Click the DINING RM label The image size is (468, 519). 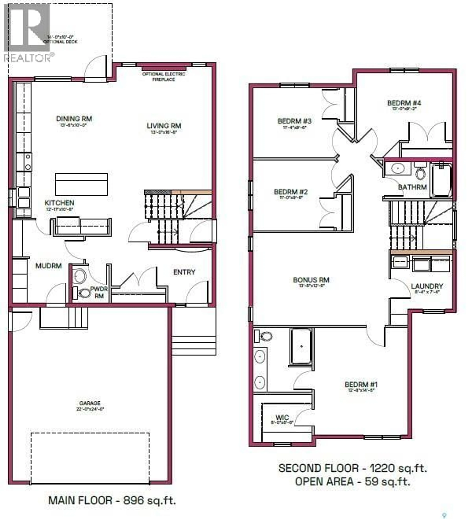click(x=74, y=119)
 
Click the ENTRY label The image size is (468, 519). click(x=184, y=272)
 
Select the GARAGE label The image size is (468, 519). click(x=90, y=403)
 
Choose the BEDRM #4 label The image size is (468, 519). click(x=404, y=103)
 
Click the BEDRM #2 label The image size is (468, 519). click(x=291, y=192)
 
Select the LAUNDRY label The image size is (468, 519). click(x=427, y=286)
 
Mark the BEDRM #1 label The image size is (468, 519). click(x=361, y=385)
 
